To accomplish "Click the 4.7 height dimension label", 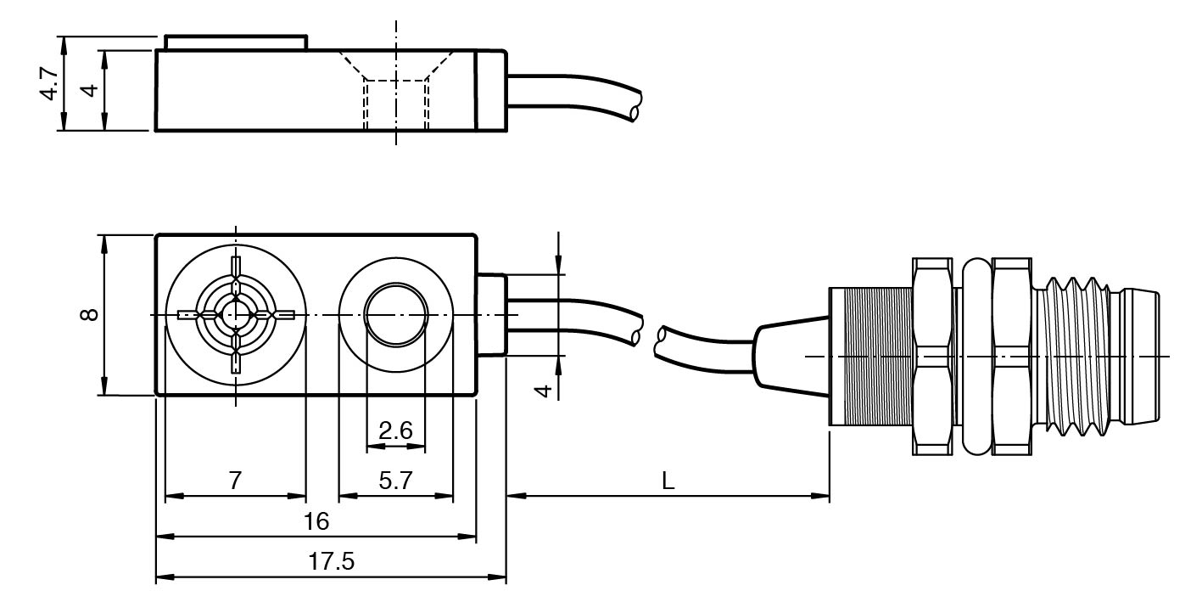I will [x=49, y=84].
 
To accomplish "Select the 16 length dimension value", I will [x=316, y=521].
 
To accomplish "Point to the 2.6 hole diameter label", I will [x=395, y=431].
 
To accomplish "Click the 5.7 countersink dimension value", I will [x=395, y=481].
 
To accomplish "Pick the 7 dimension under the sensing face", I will [x=235, y=481].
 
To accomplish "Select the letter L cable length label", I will [x=668, y=481].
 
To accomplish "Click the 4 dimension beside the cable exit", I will [x=545, y=390].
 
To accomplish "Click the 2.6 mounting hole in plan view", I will [x=395, y=315].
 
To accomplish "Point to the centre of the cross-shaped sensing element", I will [x=236, y=315].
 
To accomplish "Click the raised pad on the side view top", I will [x=235, y=42].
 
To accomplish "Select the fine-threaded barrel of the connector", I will [x=869, y=356].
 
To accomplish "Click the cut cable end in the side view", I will [x=635, y=111].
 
